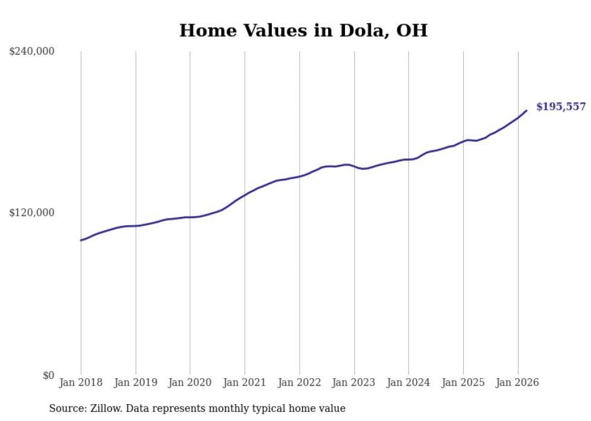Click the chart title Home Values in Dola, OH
pos(303,31)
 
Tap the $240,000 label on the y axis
pos(32,52)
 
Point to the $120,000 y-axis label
pos(32,213)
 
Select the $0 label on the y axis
pos(48,375)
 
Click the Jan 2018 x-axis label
pos(81,382)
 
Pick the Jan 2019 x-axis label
pos(136,382)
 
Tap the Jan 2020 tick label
pos(190,382)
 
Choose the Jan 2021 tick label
pos(245,382)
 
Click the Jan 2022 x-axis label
pos(300,382)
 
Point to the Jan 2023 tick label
pos(354,382)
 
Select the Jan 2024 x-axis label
pos(409,382)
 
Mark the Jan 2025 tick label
pos(463,382)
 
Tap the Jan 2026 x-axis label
pos(518,382)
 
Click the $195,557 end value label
pos(561,107)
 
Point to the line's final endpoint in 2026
pos(526,110)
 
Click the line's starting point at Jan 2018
pos(81,240)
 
